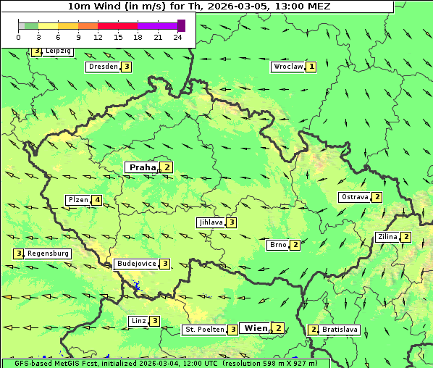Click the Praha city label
point(142,167)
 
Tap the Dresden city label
point(102,67)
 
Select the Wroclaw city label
point(287,67)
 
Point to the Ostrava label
point(354,197)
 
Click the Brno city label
point(278,245)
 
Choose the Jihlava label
point(210,222)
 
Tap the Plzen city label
point(77,200)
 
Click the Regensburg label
point(48,254)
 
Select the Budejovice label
point(135,264)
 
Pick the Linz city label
point(138,321)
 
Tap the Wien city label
point(256,328)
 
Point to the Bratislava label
point(340,330)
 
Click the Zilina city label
point(387,237)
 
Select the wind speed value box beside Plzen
point(97,200)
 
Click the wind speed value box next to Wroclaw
point(311,67)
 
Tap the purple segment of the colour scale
point(157,25)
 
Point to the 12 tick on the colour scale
point(98,37)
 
